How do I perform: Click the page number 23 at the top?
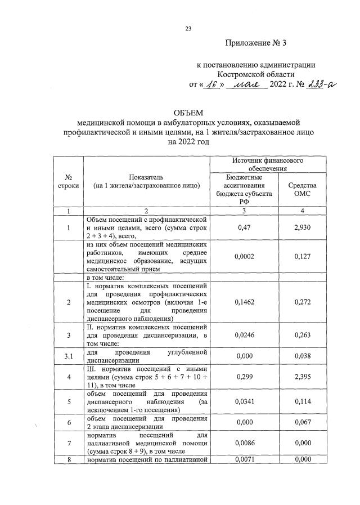(188, 30)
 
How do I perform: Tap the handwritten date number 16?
(211, 84)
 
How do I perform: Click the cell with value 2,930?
(302, 227)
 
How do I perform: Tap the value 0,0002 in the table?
(244, 256)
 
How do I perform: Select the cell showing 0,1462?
(244, 302)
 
